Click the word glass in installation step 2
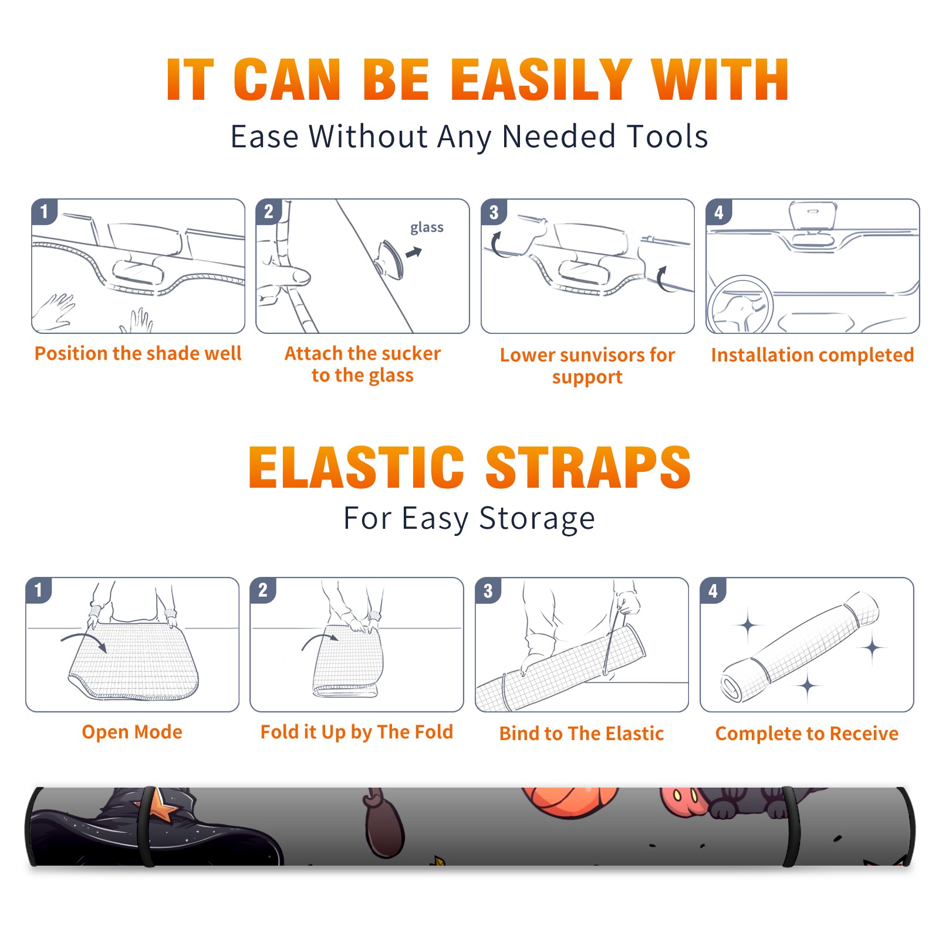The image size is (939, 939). point(427,228)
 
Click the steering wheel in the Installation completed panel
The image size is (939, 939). point(740,305)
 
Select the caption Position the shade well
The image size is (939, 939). point(138,353)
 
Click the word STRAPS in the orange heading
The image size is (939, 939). point(588,467)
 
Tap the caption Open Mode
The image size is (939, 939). point(132,732)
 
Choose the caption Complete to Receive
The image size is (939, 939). point(807,734)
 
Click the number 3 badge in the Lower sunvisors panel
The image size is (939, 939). point(494,212)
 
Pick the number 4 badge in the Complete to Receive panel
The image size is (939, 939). point(713,590)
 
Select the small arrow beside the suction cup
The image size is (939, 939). point(414,253)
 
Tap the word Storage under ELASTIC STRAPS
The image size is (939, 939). point(537,519)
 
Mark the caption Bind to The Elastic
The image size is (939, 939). point(582,734)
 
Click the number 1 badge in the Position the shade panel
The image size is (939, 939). point(44,211)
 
